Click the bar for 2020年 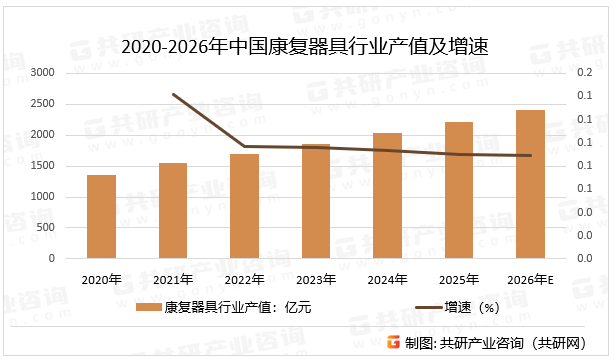click(101, 217)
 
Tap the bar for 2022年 click(244, 206)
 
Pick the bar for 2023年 click(316, 201)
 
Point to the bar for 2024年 click(388, 196)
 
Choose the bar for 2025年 click(459, 190)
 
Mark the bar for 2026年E click(531, 184)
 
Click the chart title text click(308, 47)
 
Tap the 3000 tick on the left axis click(42, 73)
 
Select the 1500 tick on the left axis click(42, 166)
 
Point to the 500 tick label click(46, 228)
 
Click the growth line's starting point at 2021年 click(173, 95)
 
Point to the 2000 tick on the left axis click(42, 135)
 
